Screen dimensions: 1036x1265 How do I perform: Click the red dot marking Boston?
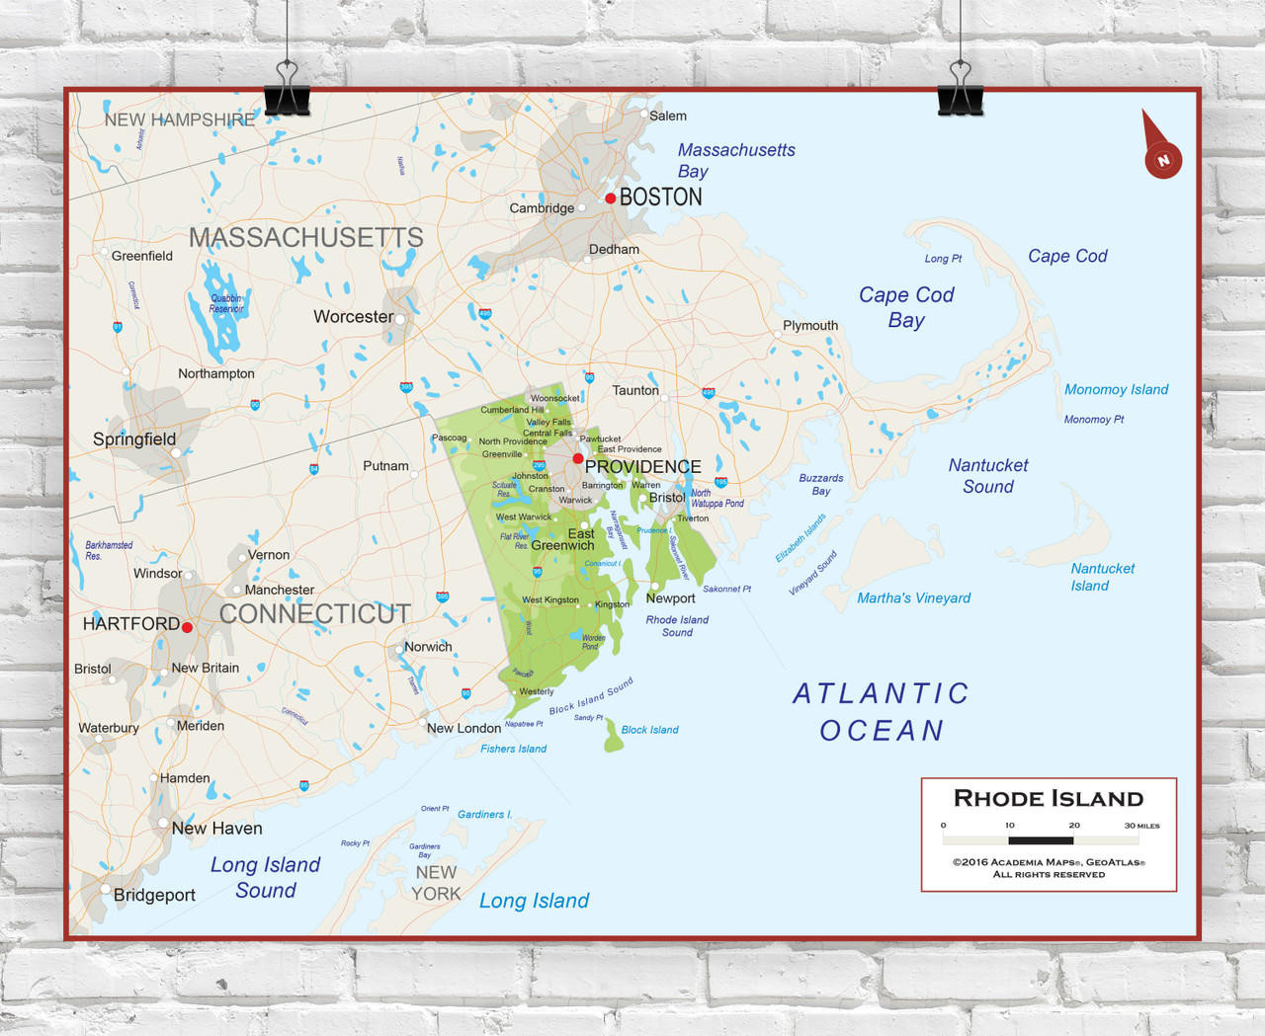coord(611,199)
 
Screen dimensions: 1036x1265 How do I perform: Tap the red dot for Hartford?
coord(187,627)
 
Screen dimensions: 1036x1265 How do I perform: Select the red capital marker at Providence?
coord(578,458)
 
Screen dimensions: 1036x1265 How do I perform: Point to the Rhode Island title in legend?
coord(1048,798)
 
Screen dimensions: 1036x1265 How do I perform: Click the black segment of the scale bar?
coord(1041,840)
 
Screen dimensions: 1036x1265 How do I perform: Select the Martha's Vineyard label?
coord(913,598)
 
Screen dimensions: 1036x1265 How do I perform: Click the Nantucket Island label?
coord(1102,577)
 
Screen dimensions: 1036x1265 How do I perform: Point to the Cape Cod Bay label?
coord(906,307)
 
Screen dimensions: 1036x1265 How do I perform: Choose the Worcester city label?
coord(353,317)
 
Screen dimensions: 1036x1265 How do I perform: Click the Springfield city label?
coord(134,439)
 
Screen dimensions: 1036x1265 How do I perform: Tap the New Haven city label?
coord(216,829)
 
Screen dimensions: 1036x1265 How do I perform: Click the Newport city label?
coord(670,598)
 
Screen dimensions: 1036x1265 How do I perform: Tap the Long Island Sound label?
coord(265,877)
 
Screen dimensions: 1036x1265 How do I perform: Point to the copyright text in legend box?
coord(1049,868)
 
